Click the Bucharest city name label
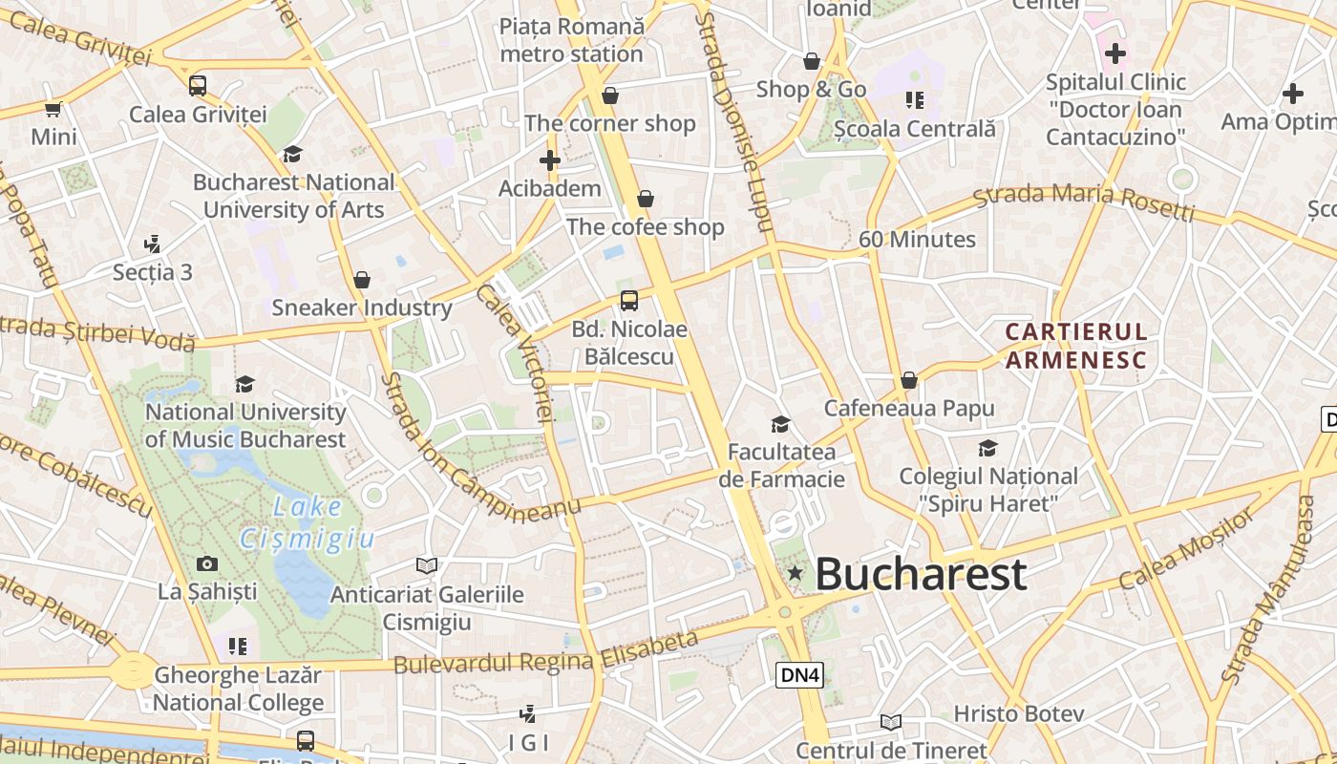pos(921,574)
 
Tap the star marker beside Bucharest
pos(795,573)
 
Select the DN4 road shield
pos(798,675)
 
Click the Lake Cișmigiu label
pos(308,522)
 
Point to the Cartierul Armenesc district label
pos(1076,345)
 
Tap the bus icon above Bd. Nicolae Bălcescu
pos(629,301)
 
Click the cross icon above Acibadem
pos(549,159)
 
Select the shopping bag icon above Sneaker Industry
pos(362,280)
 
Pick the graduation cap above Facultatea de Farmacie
pos(781,424)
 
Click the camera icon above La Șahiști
pos(206,563)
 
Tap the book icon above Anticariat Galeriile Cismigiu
pos(427,566)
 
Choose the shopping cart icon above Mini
pos(53,109)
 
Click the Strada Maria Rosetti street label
pos(1084,202)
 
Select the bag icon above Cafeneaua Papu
pos(909,380)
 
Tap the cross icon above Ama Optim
pos(1293,94)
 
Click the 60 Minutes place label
pos(917,240)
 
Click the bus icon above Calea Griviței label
pos(198,86)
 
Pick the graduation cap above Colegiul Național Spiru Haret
pos(987,448)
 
